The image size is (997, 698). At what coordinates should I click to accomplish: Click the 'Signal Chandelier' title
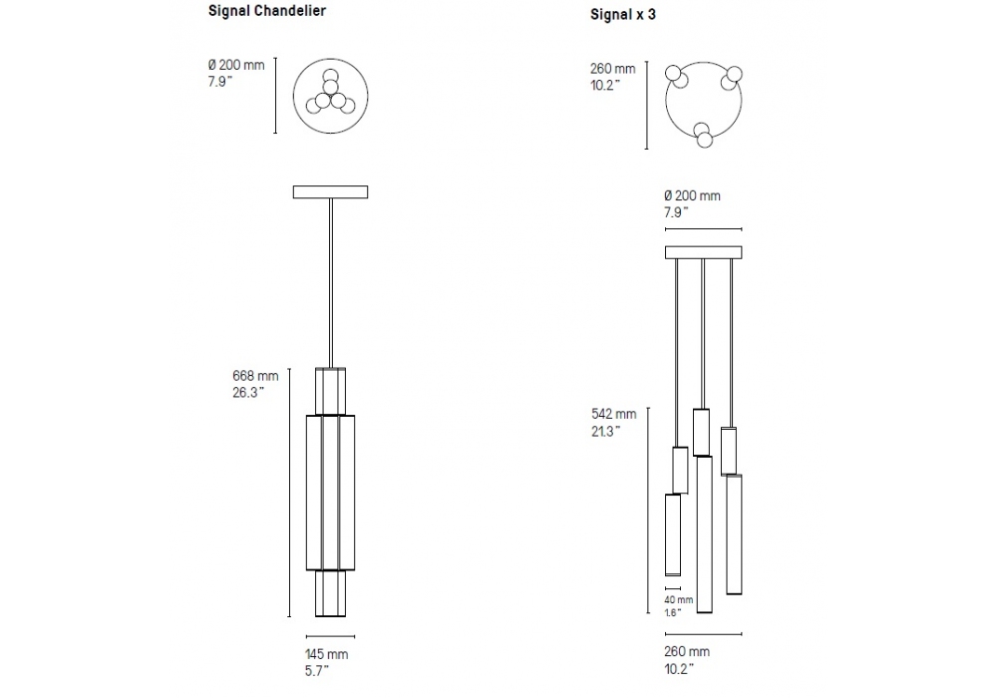click(267, 11)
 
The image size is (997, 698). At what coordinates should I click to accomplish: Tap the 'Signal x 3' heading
click(622, 14)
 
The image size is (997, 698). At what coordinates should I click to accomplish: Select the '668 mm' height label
click(255, 376)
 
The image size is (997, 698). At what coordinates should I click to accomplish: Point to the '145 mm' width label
click(327, 654)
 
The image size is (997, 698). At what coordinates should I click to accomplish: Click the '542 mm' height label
click(613, 414)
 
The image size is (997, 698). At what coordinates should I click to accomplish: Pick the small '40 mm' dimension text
click(678, 600)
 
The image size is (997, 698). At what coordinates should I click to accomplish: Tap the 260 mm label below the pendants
click(687, 651)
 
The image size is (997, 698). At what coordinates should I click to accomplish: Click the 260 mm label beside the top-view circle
click(612, 69)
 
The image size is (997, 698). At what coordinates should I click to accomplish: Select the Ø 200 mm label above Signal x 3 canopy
click(692, 195)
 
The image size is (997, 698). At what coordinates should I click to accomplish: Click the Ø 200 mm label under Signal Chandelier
click(236, 65)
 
